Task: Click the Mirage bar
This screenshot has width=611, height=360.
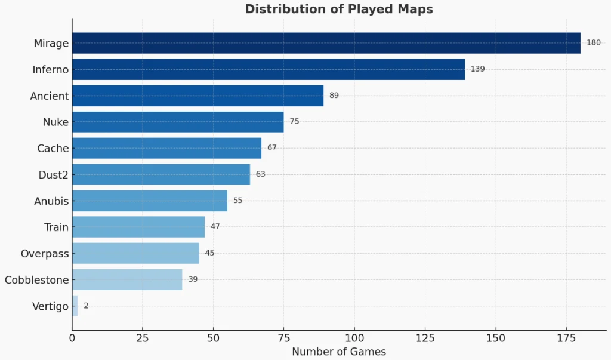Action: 326,43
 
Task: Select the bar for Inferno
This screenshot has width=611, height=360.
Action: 269,69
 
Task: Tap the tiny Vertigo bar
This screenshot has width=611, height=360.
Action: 75,306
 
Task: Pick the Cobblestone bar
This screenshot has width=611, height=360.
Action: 127,279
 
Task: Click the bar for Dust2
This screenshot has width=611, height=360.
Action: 161,174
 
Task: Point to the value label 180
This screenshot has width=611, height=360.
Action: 594,43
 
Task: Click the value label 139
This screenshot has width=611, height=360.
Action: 477,69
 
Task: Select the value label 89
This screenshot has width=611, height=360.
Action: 334,96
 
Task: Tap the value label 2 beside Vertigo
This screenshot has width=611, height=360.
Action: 86,306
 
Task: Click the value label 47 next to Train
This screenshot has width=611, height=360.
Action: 215,227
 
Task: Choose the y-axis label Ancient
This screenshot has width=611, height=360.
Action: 50,96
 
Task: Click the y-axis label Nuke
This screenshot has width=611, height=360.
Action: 55,122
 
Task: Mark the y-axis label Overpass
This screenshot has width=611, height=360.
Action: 45,254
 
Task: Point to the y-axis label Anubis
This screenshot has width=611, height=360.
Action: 51,201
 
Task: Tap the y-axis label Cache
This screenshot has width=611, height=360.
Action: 53,149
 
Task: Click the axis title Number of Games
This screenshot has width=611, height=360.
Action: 339,352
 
